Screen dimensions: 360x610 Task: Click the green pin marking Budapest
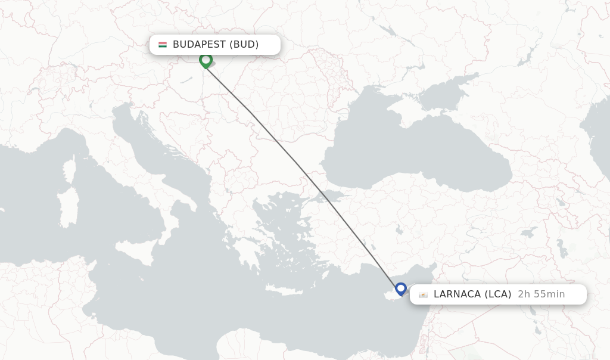(206, 60)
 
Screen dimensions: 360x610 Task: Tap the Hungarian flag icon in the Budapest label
(163, 45)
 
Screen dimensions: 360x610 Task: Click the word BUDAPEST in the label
(199, 45)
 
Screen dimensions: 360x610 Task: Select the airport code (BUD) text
(244, 45)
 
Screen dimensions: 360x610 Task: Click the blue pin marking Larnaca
(401, 289)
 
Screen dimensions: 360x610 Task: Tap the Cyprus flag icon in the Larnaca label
(423, 294)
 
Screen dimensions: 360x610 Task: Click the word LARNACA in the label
(457, 294)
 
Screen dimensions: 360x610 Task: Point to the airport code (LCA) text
(498, 294)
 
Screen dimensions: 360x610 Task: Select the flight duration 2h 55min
(541, 294)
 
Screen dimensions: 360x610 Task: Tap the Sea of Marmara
(334, 197)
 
